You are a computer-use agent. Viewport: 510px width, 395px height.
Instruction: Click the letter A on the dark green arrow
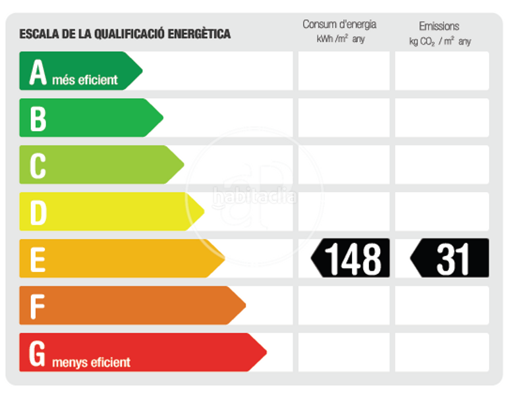[x=38, y=72]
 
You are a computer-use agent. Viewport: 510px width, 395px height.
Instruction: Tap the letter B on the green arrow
[x=38, y=118]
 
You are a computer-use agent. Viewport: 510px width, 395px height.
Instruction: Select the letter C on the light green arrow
[x=38, y=165]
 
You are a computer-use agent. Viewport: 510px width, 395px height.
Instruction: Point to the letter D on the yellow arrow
[x=38, y=212]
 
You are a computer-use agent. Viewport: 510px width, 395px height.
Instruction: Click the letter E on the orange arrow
[x=38, y=259]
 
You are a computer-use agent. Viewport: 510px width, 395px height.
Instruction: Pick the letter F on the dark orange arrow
[x=38, y=305]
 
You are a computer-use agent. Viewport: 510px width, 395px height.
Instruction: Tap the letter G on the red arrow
[x=38, y=353]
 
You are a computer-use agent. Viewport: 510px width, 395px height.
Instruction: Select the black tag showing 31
[x=451, y=258]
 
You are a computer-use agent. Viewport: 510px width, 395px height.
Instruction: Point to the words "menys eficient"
[x=91, y=362]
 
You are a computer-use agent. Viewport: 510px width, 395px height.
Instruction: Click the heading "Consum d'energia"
[x=339, y=24]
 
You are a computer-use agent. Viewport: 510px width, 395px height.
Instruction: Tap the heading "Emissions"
[x=439, y=26]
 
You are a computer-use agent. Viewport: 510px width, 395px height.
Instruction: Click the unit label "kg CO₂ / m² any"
[x=439, y=41]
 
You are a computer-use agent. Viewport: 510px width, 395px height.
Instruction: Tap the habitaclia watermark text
[x=255, y=196]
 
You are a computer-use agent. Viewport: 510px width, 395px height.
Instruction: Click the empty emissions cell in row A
[x=442, y=71]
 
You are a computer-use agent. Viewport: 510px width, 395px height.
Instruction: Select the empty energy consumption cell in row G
[x=344, y=352]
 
